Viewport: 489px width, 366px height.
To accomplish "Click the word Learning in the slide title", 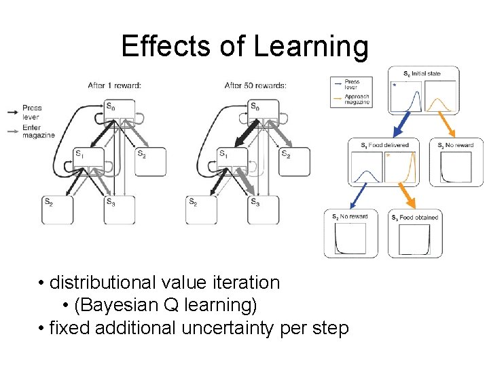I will coord(311,47).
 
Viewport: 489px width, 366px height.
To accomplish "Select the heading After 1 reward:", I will coord(115,85).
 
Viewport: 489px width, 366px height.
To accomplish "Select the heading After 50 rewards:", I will coord(255,85).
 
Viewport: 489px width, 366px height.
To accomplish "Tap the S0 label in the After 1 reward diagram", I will coord(110,106).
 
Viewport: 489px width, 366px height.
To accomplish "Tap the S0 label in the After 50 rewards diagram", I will coord(255,106).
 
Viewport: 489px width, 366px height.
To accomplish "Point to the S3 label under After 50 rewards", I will coord(255,201).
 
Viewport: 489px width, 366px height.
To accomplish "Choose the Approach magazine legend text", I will coord(357,100).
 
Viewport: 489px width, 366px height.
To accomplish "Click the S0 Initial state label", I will coord(422,73).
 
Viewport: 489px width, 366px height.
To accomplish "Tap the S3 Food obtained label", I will coord(415,218).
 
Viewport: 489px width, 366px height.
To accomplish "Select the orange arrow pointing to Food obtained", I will coord(406,196).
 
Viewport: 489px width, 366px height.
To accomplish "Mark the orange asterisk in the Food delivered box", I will coord(388,156).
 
